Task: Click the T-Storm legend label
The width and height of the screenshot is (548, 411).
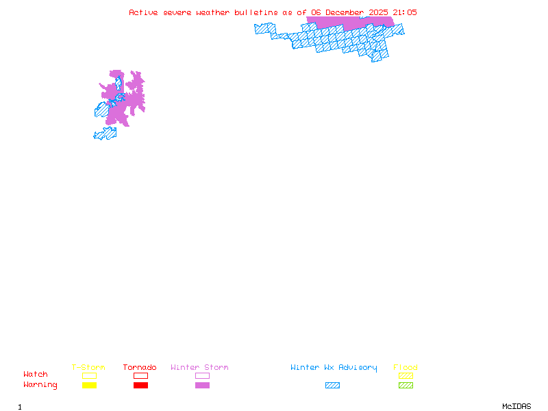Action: click(x=88, y=368)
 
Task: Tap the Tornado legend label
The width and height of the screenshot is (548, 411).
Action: click(x=140, y=368)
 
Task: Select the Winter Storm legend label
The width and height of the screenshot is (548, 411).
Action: click(x=199, y=368)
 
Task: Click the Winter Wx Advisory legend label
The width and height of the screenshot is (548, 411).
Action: click(x=334, y=368)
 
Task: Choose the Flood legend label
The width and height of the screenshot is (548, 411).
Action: click(x=406, y=368)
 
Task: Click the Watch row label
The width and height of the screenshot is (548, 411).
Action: click(x=36, y=375)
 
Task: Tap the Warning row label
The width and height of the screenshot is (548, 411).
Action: click(x=40, y=385)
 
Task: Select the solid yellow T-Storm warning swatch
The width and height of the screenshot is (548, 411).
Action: click(x=89, y=386)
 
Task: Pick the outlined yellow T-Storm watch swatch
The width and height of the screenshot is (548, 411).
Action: click(x=89, y=375)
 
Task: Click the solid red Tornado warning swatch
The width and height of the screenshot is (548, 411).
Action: click(x=140, y=386)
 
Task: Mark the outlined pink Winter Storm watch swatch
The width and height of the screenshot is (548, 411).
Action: click(x=202, y=375)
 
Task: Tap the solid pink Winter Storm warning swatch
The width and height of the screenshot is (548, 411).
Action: click(x=202, y=386)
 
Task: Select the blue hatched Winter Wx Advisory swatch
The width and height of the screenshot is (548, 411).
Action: click(x=332, y=386)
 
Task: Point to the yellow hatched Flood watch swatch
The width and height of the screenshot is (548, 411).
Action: click(x=406, y=375)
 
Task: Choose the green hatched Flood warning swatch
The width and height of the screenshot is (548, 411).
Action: click(x=406, y=386)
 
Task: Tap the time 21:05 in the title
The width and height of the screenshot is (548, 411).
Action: click(x=403, y=12)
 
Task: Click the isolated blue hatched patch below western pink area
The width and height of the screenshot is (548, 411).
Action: click(x=105, y=134)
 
